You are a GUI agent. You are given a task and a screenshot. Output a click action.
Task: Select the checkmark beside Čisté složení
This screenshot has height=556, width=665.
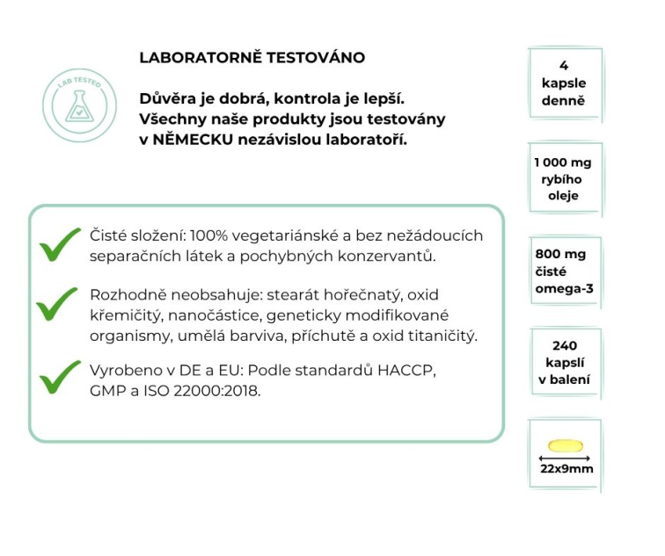point(61,246)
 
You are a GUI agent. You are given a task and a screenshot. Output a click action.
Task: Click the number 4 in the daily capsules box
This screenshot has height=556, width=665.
point(563,66)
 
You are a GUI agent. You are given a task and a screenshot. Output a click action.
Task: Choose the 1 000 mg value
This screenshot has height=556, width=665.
point(563,163)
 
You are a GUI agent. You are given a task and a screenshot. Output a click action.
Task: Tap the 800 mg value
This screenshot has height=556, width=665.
point(560,255)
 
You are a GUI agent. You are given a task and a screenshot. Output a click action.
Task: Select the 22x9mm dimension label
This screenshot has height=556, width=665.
point(566,469)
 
